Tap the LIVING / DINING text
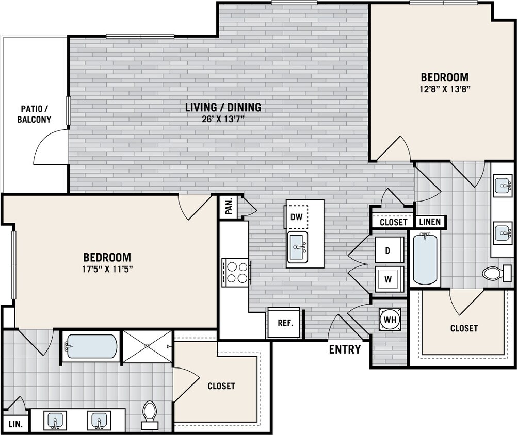tap(223, 108)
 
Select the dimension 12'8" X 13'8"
tap(445, 88)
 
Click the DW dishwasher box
tap(296, 217)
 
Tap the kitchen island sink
tap(298, 247)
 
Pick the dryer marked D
tap(388, 250)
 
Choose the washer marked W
tap(388, 280)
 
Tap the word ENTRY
tap(345, 349)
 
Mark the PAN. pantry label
tap(229, 208)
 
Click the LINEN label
tap(430, 222)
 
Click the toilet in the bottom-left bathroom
tap(150, 415)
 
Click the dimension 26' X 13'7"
tap(223, 120)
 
